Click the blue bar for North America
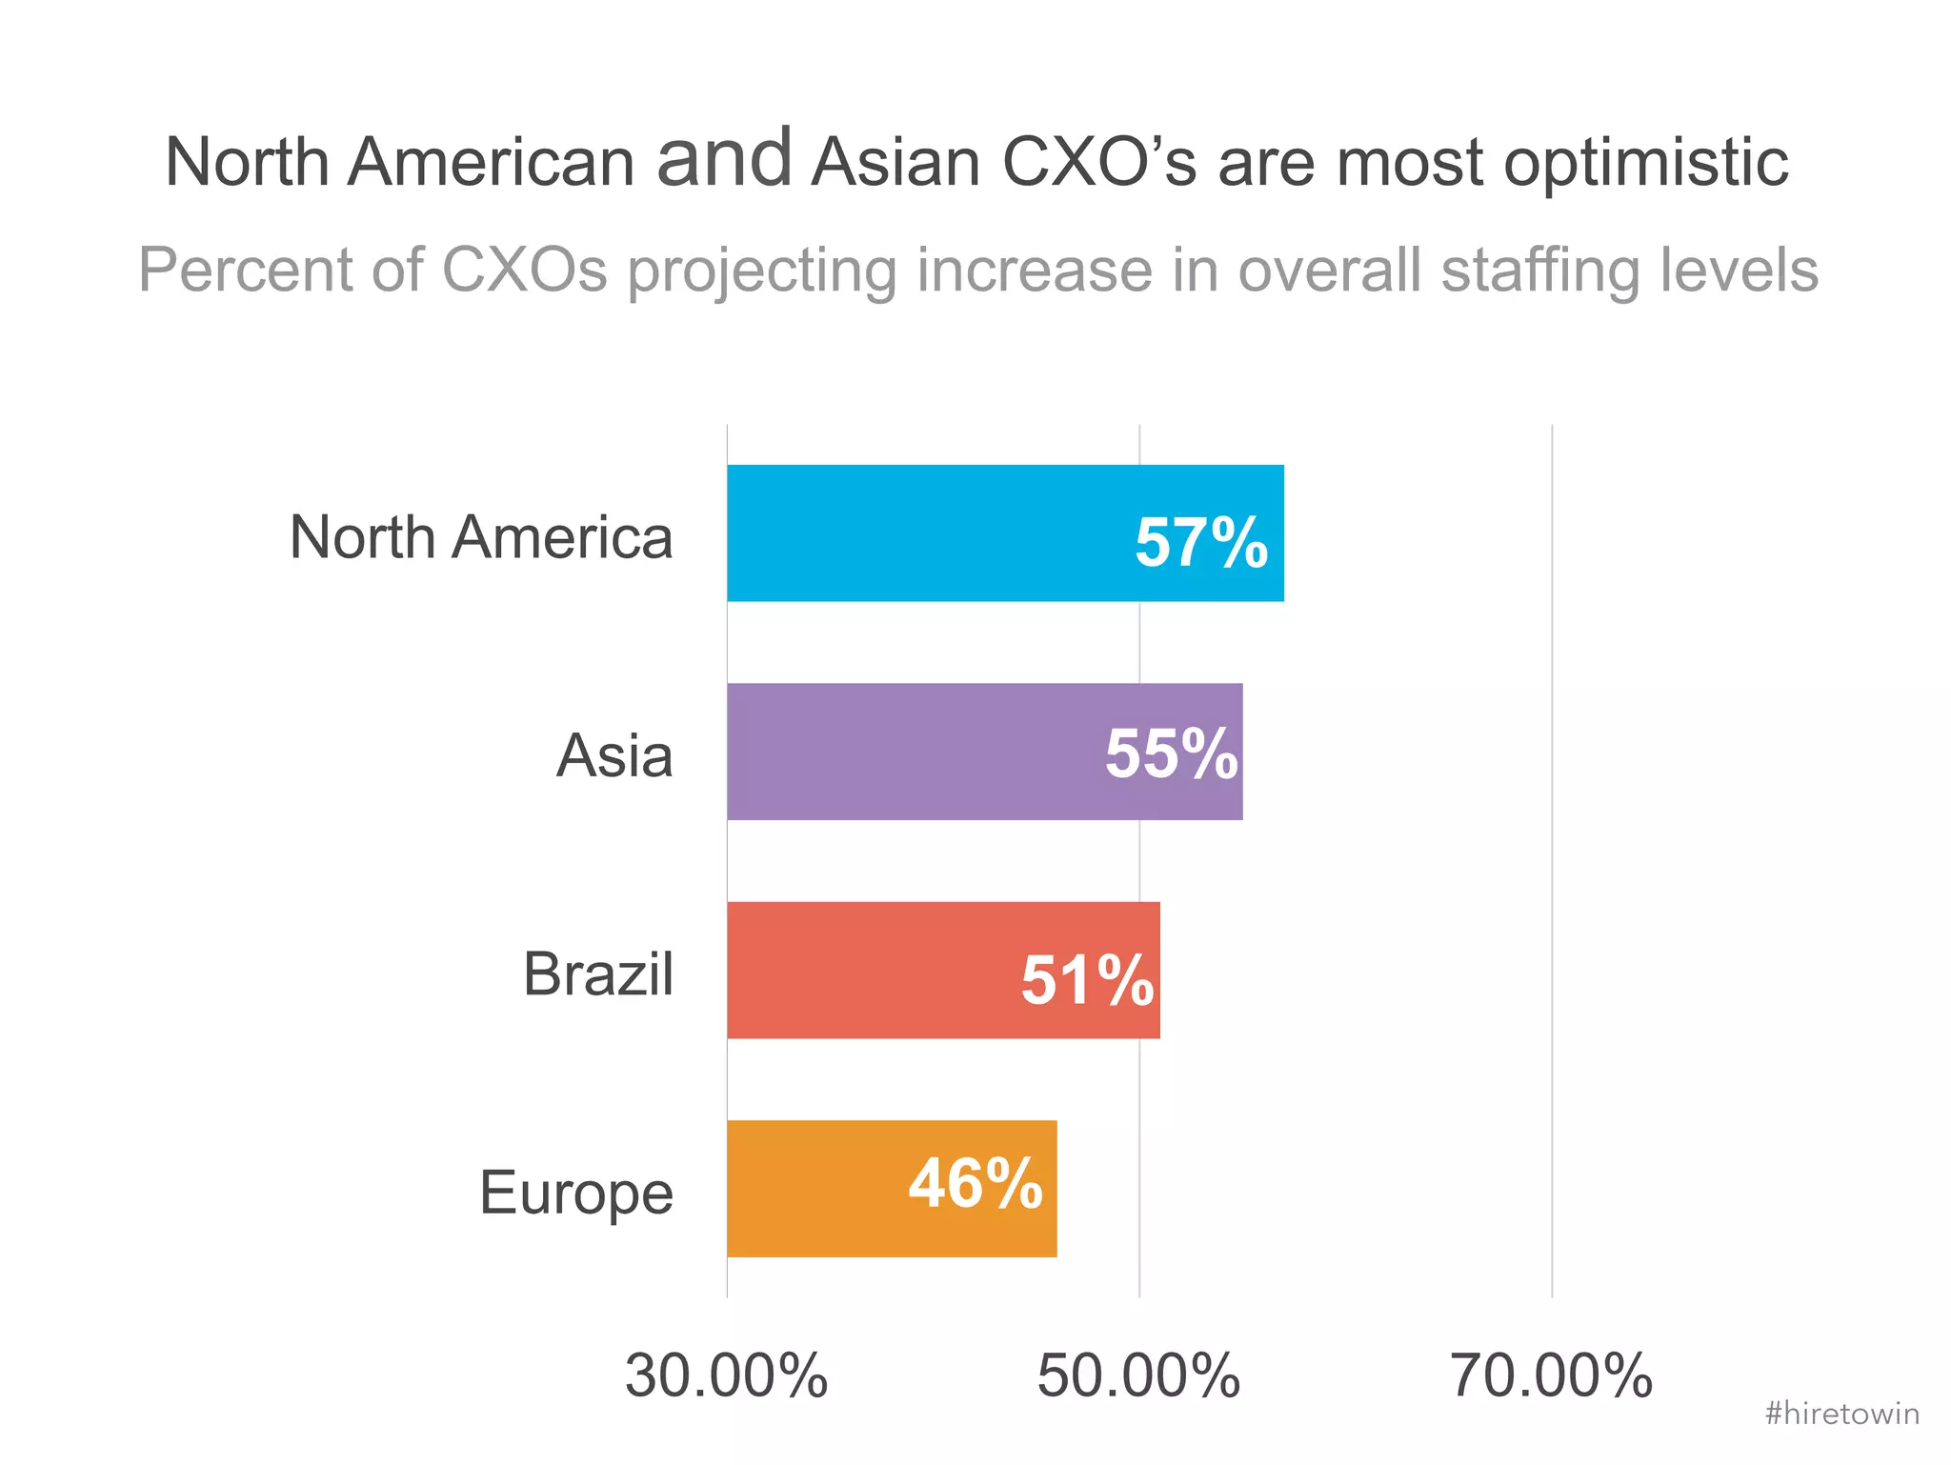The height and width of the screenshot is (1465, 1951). [x=924, y=533]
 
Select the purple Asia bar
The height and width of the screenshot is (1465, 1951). [x=905, y=752]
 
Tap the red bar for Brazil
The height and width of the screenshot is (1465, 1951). [x=867, y=970]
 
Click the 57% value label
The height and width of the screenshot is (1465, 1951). [x=1200, y=543]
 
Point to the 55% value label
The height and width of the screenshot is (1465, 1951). [x=1171, y=754]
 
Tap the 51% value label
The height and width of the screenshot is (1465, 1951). [x=1087, y=980]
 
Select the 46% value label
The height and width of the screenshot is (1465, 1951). [x=975, y=1184]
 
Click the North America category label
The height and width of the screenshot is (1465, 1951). [x=481, y=537]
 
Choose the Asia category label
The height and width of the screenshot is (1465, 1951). [x=614, y=756]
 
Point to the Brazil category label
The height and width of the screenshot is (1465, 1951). [x=598, y=974]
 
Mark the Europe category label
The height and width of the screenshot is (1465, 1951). [x=575, y=1193]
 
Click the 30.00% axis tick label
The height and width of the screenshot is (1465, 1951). [x=726, y=1376]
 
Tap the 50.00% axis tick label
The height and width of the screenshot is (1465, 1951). [x=1138, y=1376]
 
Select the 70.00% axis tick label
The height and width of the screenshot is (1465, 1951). [x=1551, y=1376]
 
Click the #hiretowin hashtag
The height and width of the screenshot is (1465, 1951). [x=1841, y=1414]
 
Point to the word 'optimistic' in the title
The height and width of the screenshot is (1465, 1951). [x=1645, y=162]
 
